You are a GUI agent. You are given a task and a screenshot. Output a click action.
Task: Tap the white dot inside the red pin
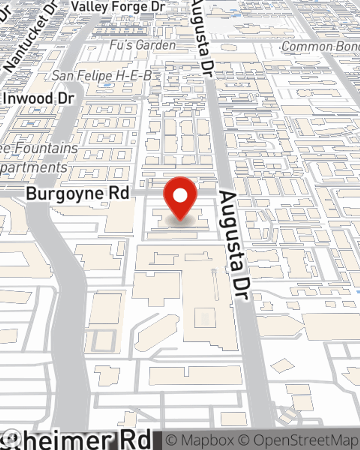tap(180, 196)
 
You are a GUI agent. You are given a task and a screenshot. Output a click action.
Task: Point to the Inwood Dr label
tap(39, 99)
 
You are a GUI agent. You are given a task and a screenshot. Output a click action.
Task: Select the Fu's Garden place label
tap(143, 45)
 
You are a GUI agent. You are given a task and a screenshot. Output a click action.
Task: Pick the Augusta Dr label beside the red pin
tap(234, 245)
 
